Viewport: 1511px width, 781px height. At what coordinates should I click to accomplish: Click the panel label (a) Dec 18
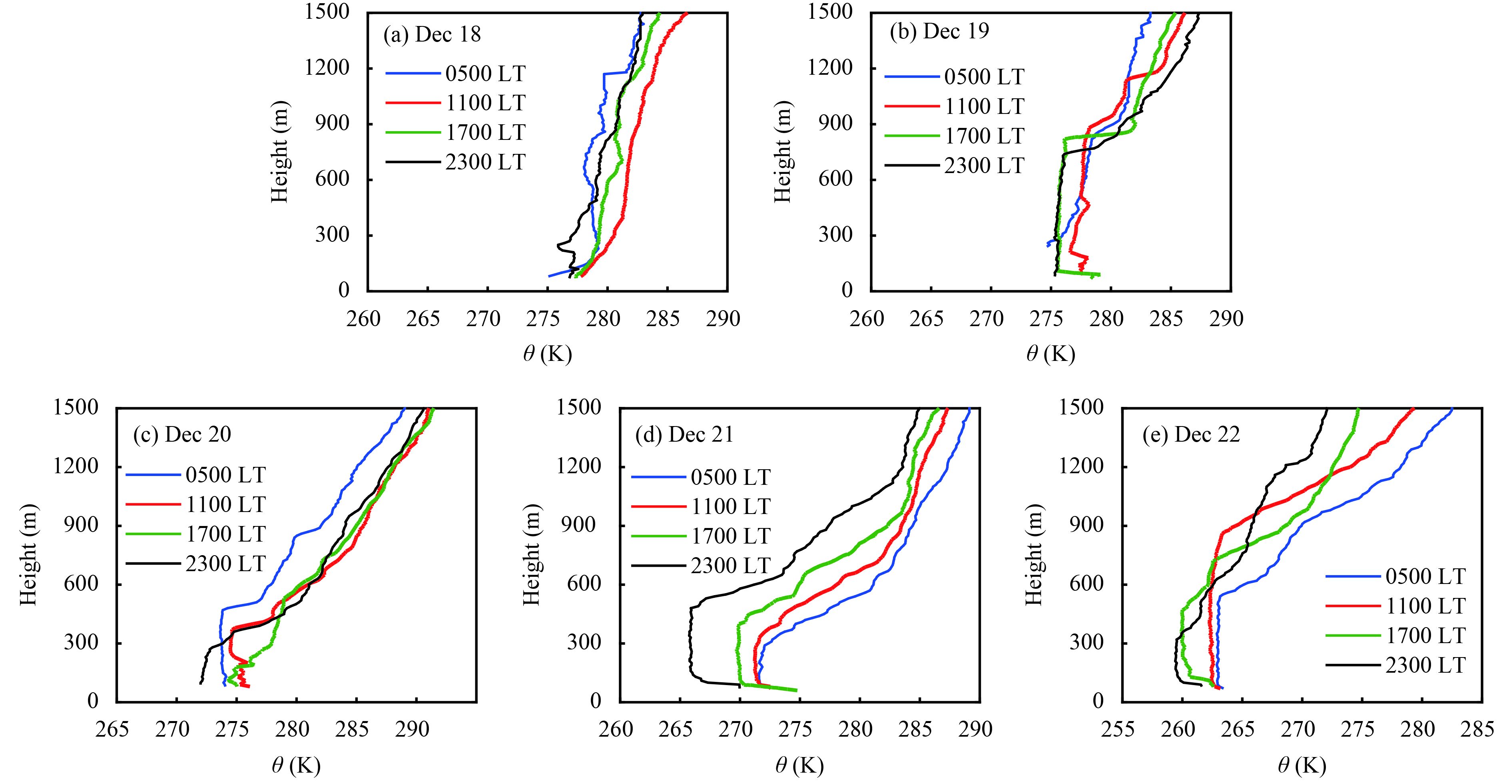[x=432, y=35]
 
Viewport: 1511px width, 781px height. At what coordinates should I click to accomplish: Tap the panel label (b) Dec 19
[x=939, y=32]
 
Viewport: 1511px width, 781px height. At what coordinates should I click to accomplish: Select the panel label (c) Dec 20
[x=182, y=434]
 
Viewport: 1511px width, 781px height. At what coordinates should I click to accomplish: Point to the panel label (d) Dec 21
[x=684, y=434]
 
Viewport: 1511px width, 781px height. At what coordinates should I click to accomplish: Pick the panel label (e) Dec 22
[x=1191, y=434]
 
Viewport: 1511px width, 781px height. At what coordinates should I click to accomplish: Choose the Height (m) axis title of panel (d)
[x=530, y=554]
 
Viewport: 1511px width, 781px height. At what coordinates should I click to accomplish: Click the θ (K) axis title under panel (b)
[x=1050, y=354]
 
